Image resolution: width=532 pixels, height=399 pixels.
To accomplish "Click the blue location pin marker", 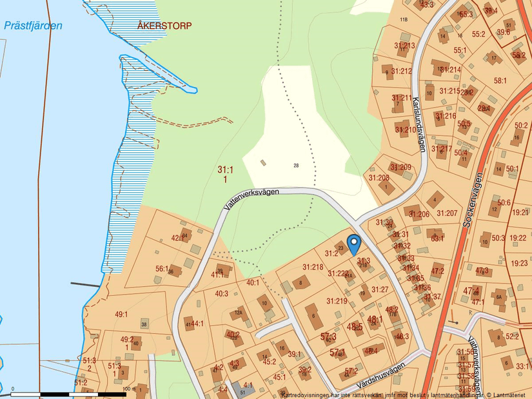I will (353, 244).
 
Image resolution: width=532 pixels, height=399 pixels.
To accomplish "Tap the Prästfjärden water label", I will (32, 26).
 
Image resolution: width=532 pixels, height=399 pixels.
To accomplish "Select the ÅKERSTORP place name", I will (164, 25).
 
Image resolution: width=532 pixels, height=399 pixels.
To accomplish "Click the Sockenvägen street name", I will (473, 200).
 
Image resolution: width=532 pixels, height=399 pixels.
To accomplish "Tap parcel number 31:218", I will (313, 267).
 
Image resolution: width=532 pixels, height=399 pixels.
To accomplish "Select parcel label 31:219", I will (337, 301).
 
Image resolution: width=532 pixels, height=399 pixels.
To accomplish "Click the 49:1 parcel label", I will (121, 315).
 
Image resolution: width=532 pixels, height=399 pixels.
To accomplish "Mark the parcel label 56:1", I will (161, 269).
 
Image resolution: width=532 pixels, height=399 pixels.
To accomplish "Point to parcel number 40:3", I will (221, 294).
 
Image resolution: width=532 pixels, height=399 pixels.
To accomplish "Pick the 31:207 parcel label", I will (447, 213).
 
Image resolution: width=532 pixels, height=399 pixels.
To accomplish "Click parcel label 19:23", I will (518, 263).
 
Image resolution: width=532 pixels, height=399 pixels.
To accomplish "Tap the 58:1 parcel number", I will (500, 81).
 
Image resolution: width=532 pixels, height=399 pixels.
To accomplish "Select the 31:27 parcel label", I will (380, 289).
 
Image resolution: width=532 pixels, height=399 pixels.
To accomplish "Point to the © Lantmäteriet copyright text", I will (507, 394).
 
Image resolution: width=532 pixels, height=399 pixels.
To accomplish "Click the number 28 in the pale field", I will (296, 166).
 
